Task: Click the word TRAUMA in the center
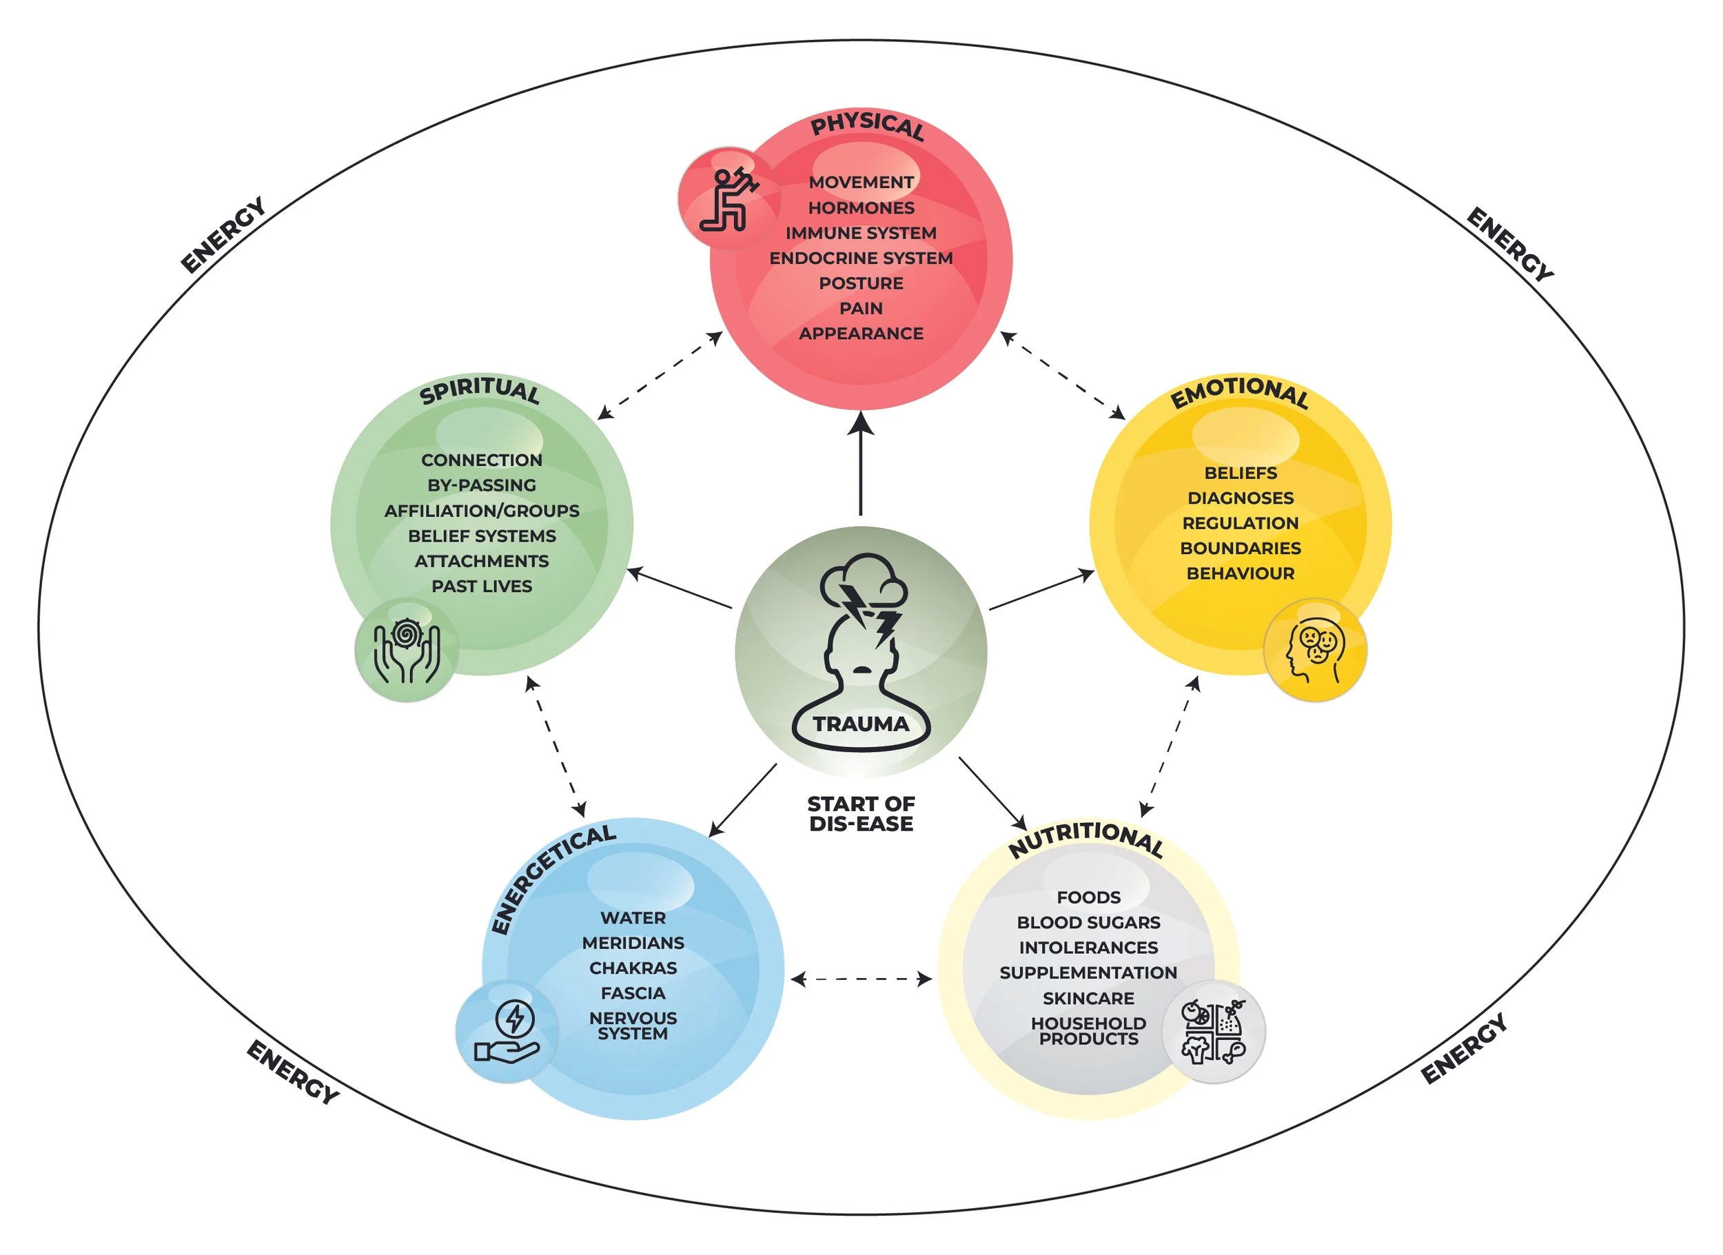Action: [861, 724]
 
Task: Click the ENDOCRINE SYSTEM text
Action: [861, 258]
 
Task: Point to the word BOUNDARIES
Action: [1240, 549]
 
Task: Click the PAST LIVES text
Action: [482, 586]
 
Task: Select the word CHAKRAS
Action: [633, 968]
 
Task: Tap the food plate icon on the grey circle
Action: [1213, 1031]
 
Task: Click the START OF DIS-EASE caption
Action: [861, 814]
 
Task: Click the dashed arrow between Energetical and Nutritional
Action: [861, 979]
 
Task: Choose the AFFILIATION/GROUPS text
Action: [482, 511]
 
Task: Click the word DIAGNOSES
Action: [1240, 498]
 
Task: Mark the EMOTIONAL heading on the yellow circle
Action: [1239, 392]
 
